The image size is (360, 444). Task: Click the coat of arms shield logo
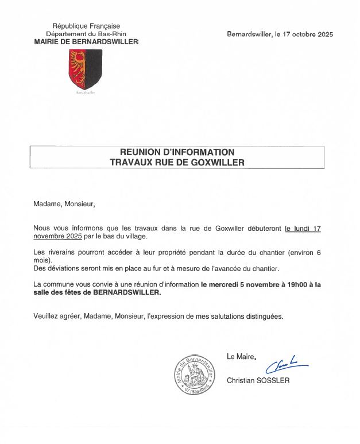tap(86, 69)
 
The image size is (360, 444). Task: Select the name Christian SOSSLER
tap(258, 380)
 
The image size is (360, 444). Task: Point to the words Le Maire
tap(241, 357)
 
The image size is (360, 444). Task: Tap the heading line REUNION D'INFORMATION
tap(177, 152)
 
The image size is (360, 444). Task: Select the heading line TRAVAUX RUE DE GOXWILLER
tap(177, 163)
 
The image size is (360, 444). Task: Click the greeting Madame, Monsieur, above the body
tap(64, 203)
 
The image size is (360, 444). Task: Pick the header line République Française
tap(86, 26)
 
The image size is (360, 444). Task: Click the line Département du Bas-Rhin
tap(86, 34)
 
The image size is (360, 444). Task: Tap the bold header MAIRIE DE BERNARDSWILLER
tap(86, 42)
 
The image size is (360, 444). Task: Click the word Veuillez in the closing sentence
tap(47, 316)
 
